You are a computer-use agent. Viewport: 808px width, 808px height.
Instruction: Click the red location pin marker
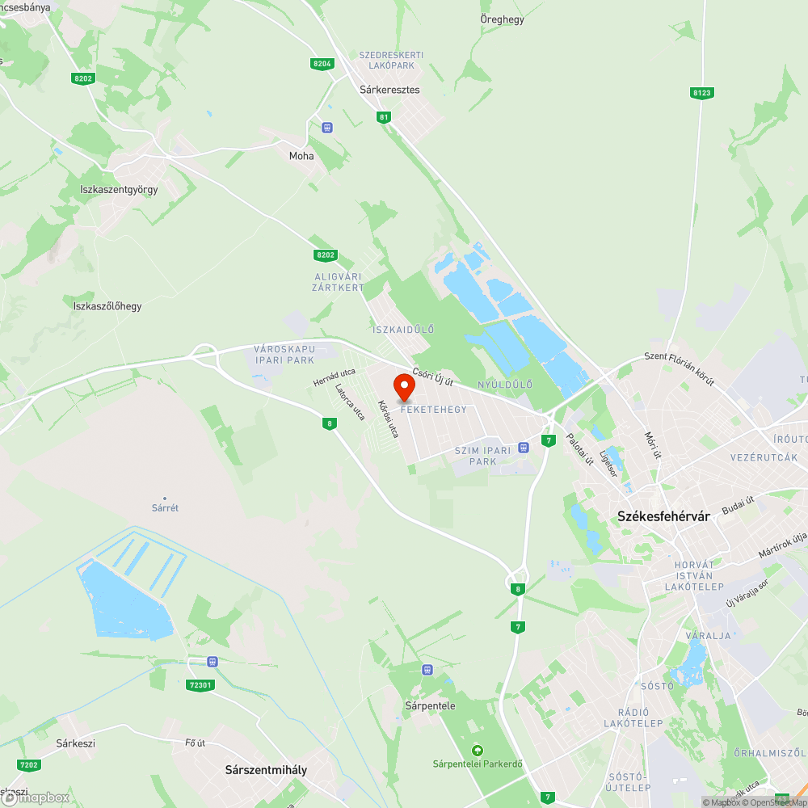point(404,387)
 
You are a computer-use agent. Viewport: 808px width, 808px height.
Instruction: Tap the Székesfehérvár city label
point(663,516)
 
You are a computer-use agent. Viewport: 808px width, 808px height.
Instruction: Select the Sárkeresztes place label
point(389,90)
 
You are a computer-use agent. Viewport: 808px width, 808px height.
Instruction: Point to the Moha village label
point(301,156)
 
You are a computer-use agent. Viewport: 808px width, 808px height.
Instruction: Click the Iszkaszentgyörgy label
point(119,189)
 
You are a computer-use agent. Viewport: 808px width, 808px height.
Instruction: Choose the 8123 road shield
point(701,93)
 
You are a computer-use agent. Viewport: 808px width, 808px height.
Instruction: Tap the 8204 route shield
point(322,63)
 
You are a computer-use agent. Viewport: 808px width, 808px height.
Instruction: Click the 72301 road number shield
point(200,685)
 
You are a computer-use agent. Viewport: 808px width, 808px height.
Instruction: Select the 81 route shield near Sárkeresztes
point(384,117)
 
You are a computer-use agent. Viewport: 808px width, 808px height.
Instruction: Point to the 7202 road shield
point(28,764)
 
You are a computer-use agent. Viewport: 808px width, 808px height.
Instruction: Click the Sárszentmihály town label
point(266,770)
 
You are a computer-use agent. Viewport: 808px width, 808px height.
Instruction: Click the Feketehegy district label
point(433,410)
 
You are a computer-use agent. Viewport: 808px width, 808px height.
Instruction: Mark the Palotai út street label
point(580,450)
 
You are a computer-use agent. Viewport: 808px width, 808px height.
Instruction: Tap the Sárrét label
point(165,508)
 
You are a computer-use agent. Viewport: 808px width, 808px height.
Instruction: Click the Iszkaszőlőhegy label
point(107,305)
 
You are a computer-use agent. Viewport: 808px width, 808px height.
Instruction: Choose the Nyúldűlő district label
point(505,385)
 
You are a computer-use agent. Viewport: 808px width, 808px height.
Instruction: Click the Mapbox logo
point(36,797)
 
